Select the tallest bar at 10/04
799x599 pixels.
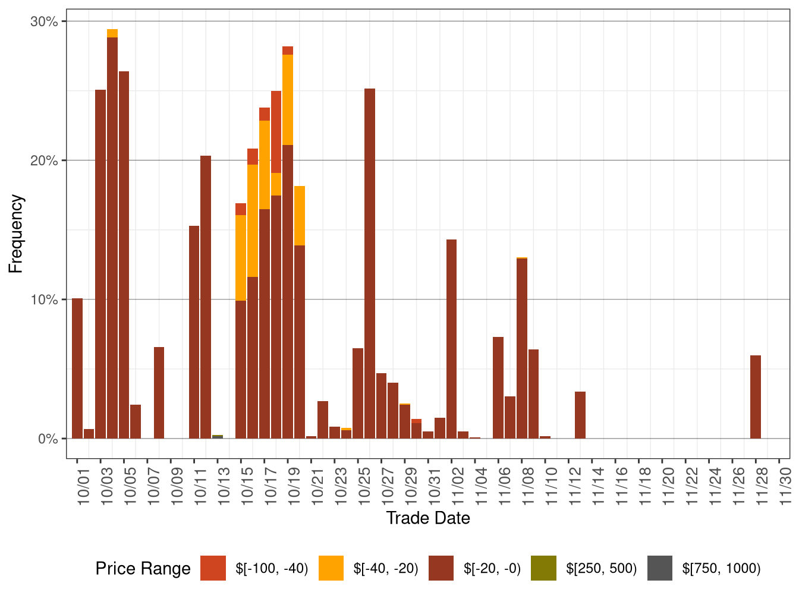coord(112,238)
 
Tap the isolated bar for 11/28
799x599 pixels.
coord(756,397)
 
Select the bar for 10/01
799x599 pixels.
coord(77,368)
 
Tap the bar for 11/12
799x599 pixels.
coord(580,415)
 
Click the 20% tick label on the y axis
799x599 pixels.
coord(44,160)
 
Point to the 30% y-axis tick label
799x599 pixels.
coord(44,22)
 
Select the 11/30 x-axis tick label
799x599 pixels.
coord(785,487)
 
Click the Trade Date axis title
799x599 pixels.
coord(428,518)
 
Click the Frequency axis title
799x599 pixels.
coord(16,234)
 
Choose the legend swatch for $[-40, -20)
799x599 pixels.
coord(331,568)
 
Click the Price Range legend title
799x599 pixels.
coord(143,569)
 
